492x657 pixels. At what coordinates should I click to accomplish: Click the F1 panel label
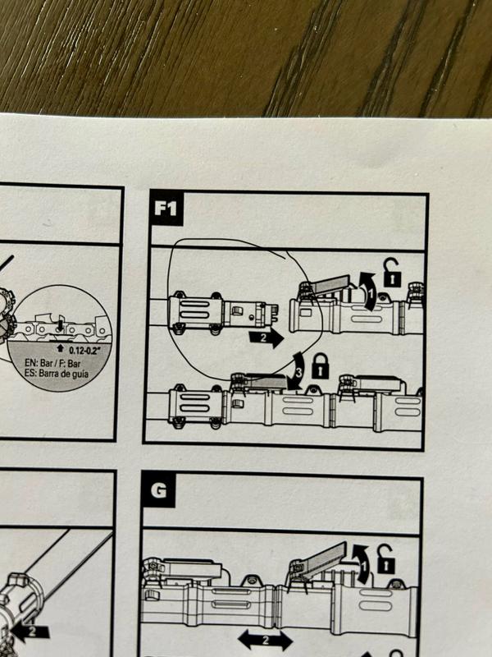[x=166, y=209]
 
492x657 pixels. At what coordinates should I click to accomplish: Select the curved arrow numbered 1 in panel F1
[x=368, y=293]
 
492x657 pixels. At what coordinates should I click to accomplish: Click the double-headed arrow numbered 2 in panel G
[x=264, y=638]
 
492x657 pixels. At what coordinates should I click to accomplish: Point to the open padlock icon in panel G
[x=384, y=562]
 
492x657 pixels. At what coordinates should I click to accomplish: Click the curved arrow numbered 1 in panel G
[x=359, y=563]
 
